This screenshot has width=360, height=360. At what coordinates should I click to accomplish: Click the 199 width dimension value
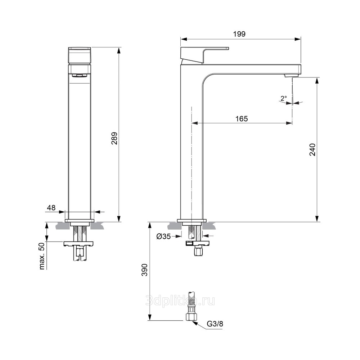tap(239, 34)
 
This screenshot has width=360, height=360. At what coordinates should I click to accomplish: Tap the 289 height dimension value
tap(114, 138)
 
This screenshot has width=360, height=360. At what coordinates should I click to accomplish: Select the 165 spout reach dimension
tap(242, 119)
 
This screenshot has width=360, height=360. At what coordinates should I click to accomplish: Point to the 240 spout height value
tap(313, 150)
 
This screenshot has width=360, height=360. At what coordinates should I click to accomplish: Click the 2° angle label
tap(284, 99)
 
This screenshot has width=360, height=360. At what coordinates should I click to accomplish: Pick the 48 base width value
tap(51, 208)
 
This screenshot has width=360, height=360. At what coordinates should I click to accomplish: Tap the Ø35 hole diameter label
tap(164, 236)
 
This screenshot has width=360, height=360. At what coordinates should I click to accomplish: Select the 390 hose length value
tap(144, 270)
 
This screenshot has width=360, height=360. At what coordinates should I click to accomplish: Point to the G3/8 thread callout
tap(215, 324)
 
